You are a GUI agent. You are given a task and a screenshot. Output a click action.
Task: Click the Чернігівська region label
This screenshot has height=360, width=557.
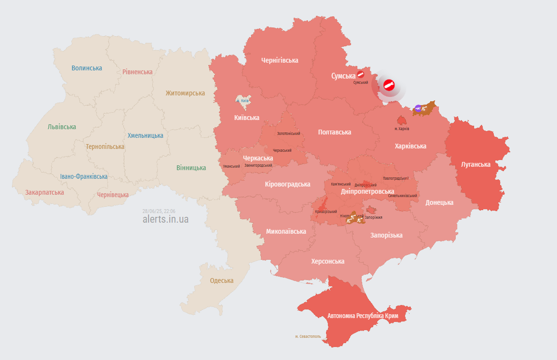[279, 60]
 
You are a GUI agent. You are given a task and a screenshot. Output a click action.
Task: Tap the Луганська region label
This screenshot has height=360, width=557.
[475, 164]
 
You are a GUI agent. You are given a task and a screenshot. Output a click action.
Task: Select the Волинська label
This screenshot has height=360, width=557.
[87, 68]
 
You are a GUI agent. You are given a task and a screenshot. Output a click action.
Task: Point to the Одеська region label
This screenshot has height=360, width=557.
[221, 280]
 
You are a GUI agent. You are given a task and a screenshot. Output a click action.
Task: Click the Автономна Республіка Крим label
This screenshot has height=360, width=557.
[363, 316]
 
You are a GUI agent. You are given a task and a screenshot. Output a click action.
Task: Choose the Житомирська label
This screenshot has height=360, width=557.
[185, 93]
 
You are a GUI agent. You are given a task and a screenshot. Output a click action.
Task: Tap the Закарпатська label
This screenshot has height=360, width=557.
[44, 192]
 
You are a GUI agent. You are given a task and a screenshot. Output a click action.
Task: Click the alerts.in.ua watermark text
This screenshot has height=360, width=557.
[165, 219]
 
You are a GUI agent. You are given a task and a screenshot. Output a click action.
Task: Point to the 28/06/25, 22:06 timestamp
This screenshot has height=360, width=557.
[159, 211]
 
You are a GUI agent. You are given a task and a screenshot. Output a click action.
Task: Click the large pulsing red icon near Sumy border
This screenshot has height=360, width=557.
[389, 86]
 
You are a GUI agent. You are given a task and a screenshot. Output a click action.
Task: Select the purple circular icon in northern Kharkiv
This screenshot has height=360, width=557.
[418, 108]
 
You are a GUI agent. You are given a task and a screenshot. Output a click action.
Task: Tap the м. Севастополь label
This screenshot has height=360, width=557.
[308, 336]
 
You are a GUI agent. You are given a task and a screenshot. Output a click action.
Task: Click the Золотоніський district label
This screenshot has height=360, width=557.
[288, 133]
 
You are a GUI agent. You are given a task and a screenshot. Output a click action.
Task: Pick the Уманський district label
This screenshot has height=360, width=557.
[231, 166]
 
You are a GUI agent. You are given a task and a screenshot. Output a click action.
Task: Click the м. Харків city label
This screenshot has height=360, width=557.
[402, 129]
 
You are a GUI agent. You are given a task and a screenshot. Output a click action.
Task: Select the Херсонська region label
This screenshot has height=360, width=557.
[327, 261]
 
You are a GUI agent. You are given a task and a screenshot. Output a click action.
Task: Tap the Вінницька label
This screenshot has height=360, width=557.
[191, 168]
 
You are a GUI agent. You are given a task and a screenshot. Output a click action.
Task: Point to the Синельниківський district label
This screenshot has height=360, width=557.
[402, 196]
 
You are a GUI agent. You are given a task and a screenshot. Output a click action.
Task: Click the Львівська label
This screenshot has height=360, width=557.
[62, 127]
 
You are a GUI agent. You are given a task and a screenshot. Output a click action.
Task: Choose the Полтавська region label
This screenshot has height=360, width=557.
[334, 132]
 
